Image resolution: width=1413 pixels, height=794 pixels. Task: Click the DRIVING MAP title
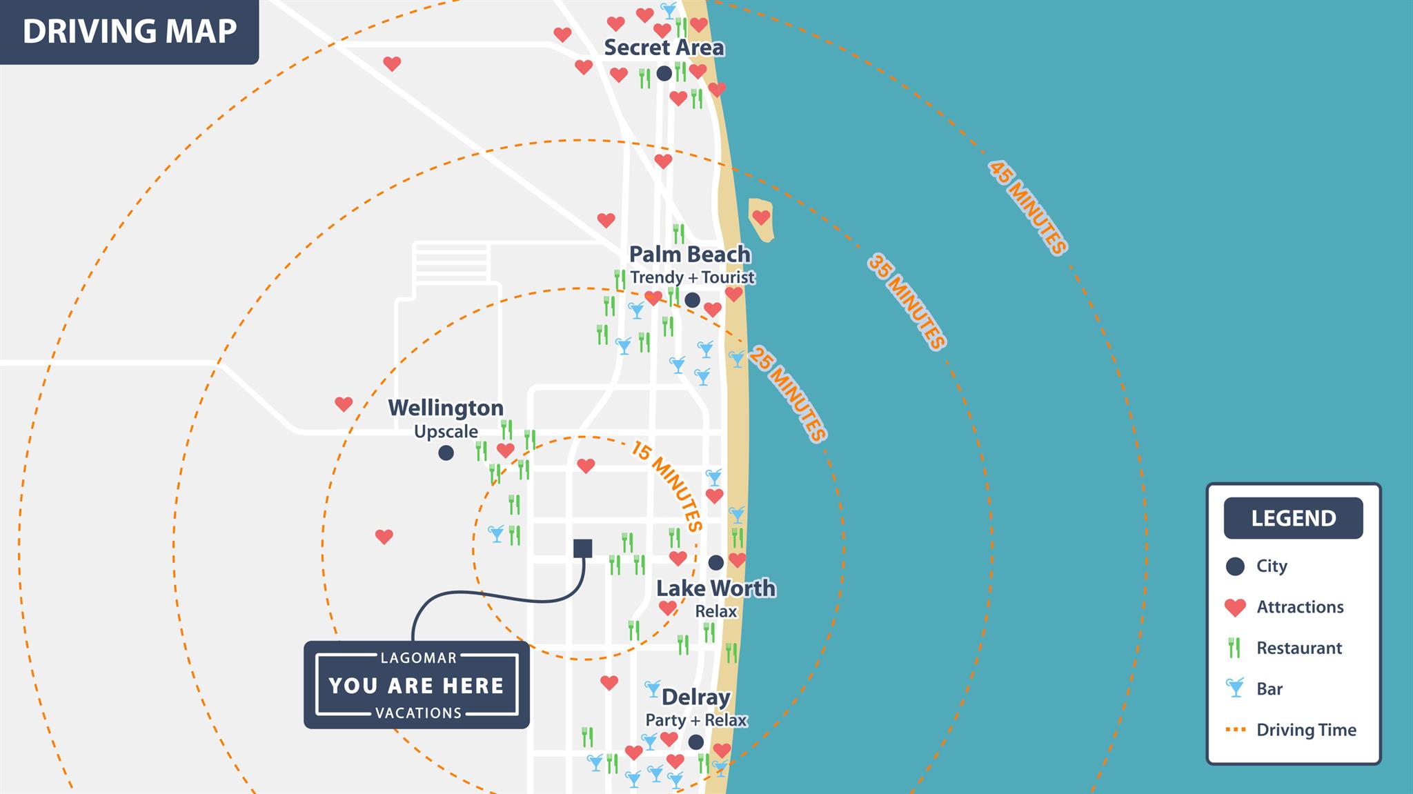tap(130, 32)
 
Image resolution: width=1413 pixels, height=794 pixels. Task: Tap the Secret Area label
tap(664, 48)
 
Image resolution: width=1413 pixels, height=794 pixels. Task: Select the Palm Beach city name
tap(690, 255)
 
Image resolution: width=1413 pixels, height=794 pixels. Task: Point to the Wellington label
tap(446, 408)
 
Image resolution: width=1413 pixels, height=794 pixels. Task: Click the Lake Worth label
tap(715, 588)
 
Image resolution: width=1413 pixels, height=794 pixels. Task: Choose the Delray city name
tap(695, 697)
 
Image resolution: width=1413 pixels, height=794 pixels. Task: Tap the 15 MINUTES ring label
tap(666, 486)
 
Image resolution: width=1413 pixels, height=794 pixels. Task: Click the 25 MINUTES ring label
tap(788, 394)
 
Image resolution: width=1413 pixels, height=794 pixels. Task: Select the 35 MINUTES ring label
tap(907, 301)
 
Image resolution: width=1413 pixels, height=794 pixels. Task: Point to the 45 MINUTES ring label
tap(1027, 208)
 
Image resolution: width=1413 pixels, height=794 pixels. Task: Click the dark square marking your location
tap(583, 548)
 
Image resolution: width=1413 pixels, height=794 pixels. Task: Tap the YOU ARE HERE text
tap(417, 686)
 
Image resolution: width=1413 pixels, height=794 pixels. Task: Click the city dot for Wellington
tap(446, 453)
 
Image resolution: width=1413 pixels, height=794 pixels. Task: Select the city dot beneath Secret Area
tap(664, 73)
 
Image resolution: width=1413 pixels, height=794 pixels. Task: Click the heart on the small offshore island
tap(761, 217)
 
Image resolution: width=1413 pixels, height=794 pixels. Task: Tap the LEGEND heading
tap(1293, 518)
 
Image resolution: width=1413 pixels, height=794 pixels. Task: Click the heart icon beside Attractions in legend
tap(1235, 607)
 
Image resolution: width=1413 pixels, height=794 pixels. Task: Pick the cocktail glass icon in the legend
tap(1235, 688)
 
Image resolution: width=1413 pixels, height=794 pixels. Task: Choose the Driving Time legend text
tap(1306, 730)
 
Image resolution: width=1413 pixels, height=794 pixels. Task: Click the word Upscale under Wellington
tap(446, 432)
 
